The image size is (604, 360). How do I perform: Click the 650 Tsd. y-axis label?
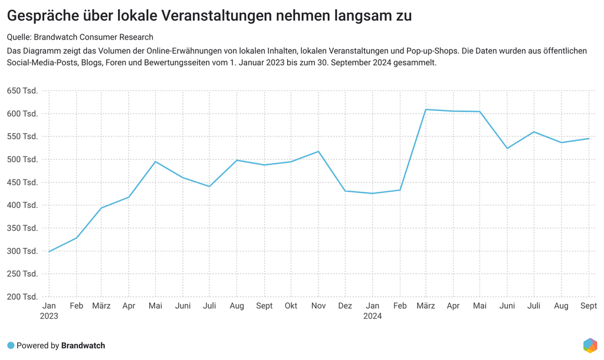tap(22, 91)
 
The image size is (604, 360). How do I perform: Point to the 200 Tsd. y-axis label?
tap(22, 297)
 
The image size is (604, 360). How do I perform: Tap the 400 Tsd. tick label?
tap(22, 205)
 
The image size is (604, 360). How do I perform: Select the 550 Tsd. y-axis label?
tap(22, 136)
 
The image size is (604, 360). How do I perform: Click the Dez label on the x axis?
tap(345, 306)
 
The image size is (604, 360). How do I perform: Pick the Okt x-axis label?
tap(291, 306)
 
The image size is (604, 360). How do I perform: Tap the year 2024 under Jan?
tap(373, 316)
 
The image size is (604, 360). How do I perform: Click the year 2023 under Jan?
tap(49, 316)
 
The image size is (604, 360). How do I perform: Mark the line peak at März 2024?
tap(426, 109)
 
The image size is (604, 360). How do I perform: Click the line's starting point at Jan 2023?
tap(49, 251)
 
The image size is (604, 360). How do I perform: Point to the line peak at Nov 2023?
tap(319, 152)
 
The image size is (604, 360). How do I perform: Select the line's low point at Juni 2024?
tap(507, 148)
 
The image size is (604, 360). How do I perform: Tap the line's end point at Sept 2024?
tap(588, 139)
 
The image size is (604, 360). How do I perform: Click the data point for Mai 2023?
tap(155, 162)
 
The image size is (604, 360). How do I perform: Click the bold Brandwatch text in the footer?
tap(83, 345)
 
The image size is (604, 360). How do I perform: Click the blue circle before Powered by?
tap(11, 345)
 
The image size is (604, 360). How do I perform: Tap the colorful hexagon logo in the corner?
tap(590, 345)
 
